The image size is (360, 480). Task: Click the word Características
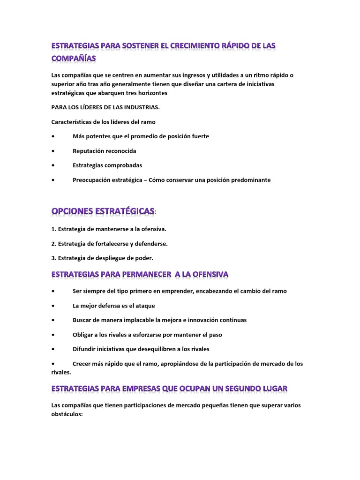click(x=74, y=122)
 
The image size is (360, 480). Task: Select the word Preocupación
click(x=94, y=180)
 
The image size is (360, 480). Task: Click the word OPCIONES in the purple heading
click(x=73, y=212)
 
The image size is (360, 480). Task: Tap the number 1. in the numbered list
click(x=54, y=229)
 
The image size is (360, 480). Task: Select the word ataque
click(x=143, y=306)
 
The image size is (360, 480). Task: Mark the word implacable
click(x=127, y=320)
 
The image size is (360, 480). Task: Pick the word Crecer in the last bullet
click(x=82, y=364)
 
